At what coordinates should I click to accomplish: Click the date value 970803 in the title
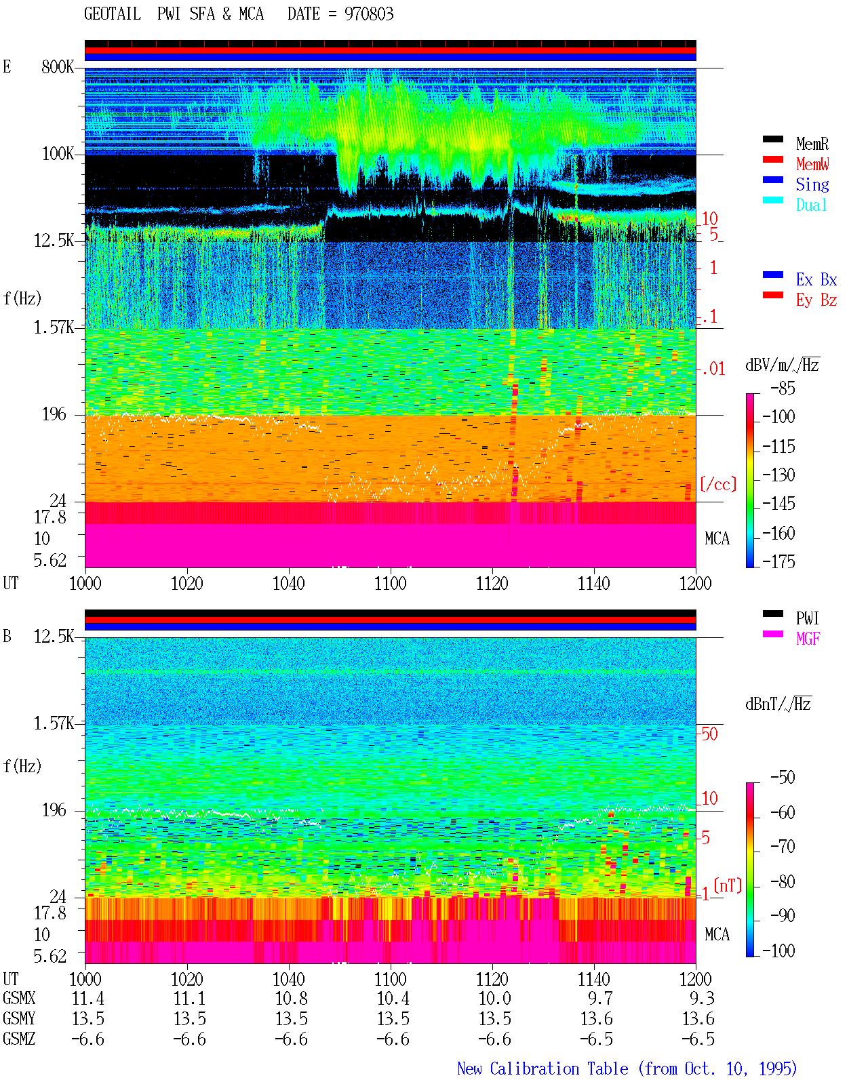pyautogui.click(x=368, y=14)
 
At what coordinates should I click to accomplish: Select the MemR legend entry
pyautogui.click(x=812, y=144)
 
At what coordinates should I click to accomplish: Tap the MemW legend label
pyautogui.click(x=812, y=164)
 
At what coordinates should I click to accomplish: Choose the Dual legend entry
pyautogui.click(x=811, y=205)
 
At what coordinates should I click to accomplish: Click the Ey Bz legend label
pyautogui.click(x=816, y=300)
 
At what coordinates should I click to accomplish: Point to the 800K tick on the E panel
pyautogui.click(x=58, y=66)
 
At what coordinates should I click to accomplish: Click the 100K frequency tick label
pyautogui.click(x=58, y=154)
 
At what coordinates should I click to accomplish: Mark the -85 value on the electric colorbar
pyautogui.click(x=783, y=388)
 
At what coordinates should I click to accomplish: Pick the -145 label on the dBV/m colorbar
pyautogui.click(x=778, y=503)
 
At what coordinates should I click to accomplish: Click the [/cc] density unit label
pyautogui.click(x=718, y=484)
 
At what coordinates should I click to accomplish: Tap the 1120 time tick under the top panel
pyautogui.click(x=492, y=583)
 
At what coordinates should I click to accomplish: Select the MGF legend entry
pyautogui.click(x=808, y=639)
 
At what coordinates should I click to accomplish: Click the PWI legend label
pyautogui.click(x=807, y=618)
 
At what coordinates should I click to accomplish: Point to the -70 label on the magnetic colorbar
pyautogui.click(x=783, y=847)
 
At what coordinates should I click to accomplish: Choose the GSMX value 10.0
pyautogui.click(x=494, y=998)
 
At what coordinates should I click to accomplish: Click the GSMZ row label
pyautogui.click(x=19, y=1039)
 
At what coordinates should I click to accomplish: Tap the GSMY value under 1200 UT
pyautogui.click(x=698, y=1019)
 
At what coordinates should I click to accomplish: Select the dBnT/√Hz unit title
pyautogui.click(x=778, y=704)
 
